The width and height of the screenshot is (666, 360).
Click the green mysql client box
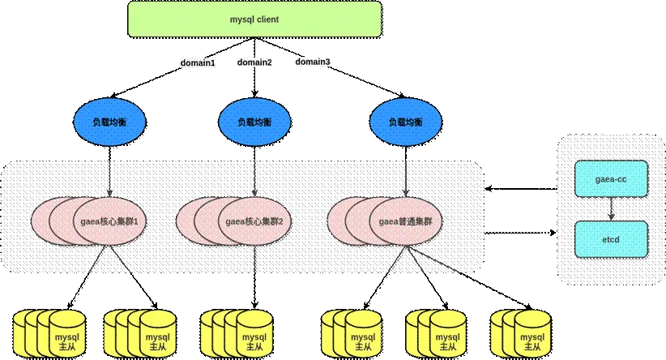pos(254,19)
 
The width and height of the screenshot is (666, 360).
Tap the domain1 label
pos(197,62)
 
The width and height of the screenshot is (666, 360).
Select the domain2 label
pos(254,62)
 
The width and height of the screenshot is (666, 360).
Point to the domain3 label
pos(312,62)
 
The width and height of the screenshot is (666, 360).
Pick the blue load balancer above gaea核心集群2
pos(255,122)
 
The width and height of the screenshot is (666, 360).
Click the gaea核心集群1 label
pos(112,221)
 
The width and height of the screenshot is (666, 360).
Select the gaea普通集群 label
pos(406,221)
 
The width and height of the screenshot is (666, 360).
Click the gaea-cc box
pos(611,179)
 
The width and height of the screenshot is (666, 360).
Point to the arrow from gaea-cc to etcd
pos(611,208)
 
